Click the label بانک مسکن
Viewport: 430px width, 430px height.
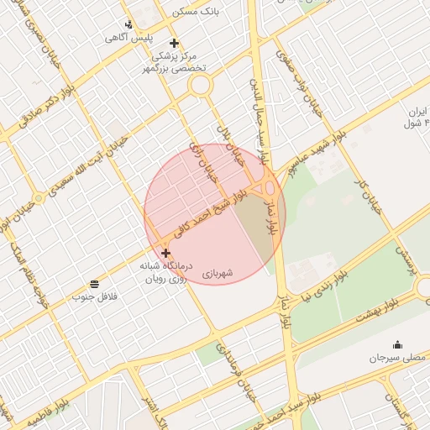click(x=196, y=12)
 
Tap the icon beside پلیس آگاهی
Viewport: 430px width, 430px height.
click(x=128, y=24)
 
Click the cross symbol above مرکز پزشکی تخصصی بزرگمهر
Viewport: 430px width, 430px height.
click(x=174, y=43)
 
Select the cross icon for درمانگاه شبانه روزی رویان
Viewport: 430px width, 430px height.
click(x=165, y=253)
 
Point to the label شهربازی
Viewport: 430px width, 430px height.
click(x=218, y=273)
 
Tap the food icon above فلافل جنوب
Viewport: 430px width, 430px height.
click(x=94, y=284)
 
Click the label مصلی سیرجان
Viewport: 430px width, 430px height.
click(x=396, y=359)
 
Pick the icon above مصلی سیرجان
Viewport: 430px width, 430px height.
click(x=396, y=344)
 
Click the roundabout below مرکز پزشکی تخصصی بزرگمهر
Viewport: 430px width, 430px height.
click(x=200, y=85)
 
